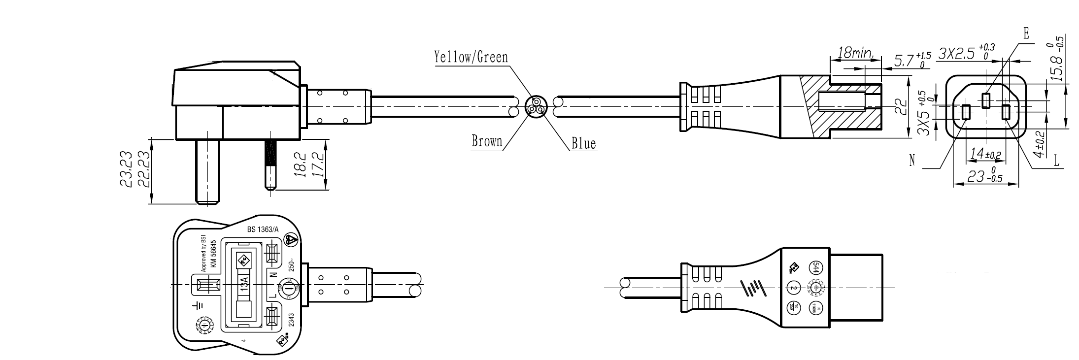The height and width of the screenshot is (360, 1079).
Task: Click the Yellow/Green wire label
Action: pyautogui.click(x=471, y=58)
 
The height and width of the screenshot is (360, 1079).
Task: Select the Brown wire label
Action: pyautogui.click(x=487, y=141)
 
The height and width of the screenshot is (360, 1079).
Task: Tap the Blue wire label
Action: pyautogui.click(x=583, y=144)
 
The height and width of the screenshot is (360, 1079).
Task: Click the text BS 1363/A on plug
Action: pyautogui.click(x=263, y=229)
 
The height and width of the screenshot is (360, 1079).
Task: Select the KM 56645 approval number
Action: pyautogui.click(x=214, y=254)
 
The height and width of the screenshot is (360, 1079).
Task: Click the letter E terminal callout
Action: pyautogui.click(x=1026, y=33)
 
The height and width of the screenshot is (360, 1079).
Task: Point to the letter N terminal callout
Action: pyautogui.click(x=912, y=161)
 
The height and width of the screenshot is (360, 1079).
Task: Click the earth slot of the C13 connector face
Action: pyautogui.click(x=986, y=100)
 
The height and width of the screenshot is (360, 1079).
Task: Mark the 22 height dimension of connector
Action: pyautogui.click(x=900, y=106)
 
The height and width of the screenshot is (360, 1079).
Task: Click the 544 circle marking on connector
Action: pyautogui.click(x=815, y=267)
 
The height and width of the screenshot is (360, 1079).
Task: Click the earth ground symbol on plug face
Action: pyautogui.click(x=198, y=306)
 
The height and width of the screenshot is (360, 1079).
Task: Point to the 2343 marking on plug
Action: pyautogui.click(x=291, y=321)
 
